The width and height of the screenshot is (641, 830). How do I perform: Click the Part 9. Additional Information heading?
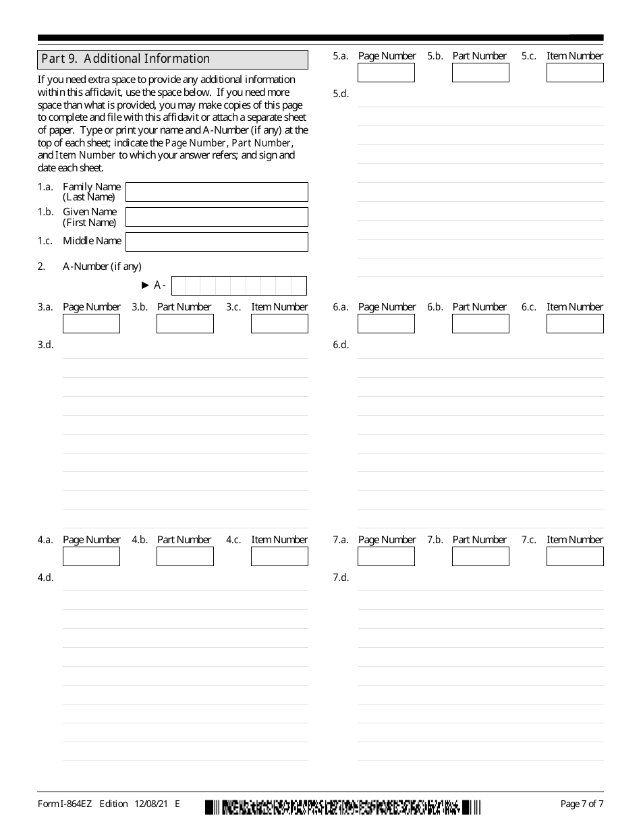point(126,59)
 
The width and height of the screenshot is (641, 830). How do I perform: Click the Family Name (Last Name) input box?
point(217,192)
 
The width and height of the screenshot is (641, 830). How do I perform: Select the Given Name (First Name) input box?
point(217,217)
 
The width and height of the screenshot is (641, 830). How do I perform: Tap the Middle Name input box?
point(217,242)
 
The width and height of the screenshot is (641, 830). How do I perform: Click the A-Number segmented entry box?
point(239,285)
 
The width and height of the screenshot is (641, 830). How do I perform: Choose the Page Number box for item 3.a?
point(91,324)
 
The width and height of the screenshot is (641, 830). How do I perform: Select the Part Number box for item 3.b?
point(185,324)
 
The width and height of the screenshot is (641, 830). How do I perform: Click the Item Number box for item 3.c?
point(279,324)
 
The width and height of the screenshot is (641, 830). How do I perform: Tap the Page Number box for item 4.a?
point(91,556)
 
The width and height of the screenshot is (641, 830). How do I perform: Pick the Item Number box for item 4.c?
point(279,556)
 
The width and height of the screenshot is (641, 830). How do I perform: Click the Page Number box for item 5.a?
point(386,73)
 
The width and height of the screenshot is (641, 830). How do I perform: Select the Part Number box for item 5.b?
point(480,73)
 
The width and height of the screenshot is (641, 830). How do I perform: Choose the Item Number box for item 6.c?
point(575,324)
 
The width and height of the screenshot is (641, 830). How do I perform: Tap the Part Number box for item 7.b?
point(480,556)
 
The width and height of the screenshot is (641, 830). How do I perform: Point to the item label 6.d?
point(341,345)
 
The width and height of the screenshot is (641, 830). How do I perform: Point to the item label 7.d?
point(341,578)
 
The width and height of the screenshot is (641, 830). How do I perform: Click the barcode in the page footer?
point(343,806)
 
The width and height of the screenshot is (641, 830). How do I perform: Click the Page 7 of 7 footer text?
point(582,804)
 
